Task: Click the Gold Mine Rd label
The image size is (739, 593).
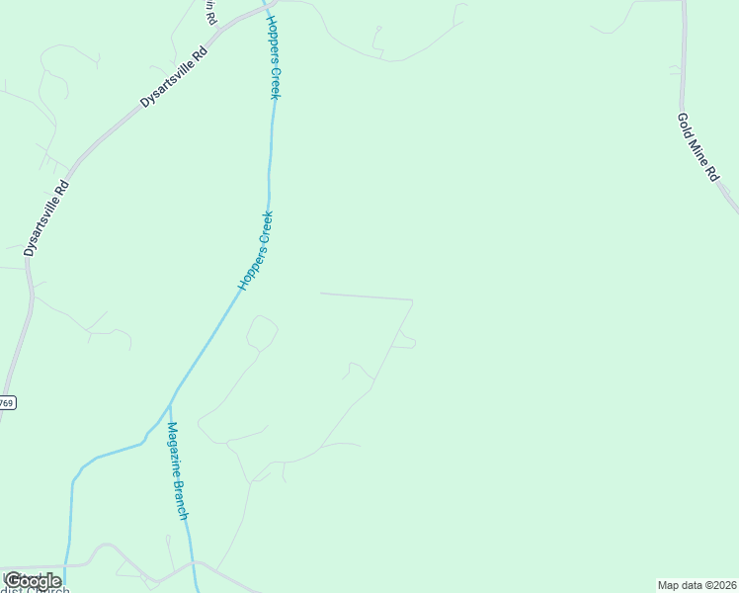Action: pos(698,146)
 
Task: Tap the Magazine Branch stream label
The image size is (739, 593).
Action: pos(178,471)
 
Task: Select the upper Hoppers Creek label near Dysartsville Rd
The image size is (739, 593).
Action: pos(274,56)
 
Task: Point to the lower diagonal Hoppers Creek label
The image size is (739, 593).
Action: pos(255,250)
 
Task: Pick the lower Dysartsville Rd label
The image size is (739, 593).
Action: pos(46,218)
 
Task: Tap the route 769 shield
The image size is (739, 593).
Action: pos(7,403)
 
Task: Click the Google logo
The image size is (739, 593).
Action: pos(32,581)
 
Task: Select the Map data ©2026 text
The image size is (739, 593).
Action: pos(697,585)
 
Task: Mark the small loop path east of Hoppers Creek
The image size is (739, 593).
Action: pos(262,332)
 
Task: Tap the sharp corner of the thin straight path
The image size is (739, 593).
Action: pos(412,299)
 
